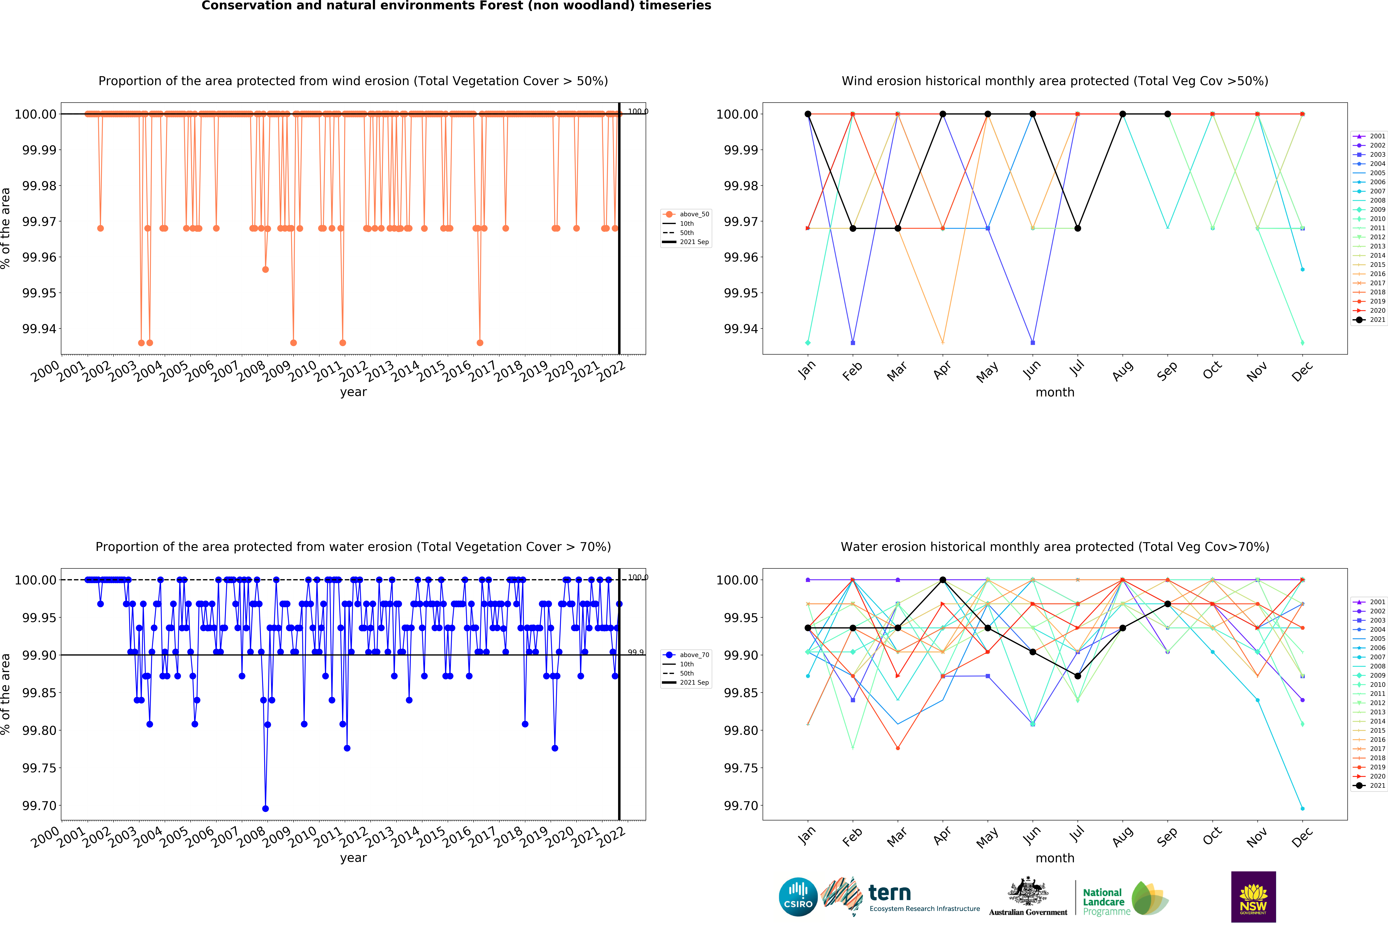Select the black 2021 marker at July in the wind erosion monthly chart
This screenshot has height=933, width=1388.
1077,229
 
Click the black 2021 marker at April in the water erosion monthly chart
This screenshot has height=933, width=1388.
942,580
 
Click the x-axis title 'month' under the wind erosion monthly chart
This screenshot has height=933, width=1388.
1055,392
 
